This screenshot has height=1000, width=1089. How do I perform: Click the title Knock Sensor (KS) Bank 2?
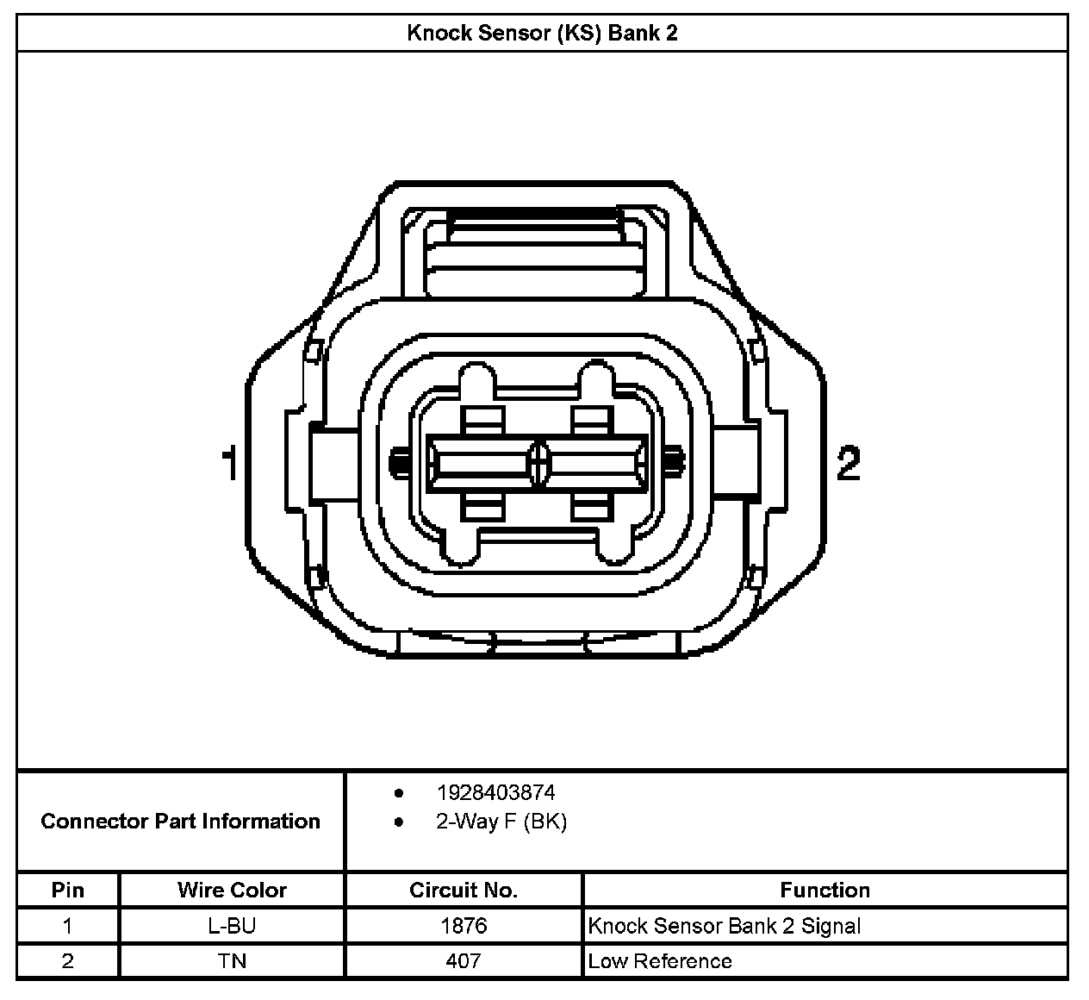click(542, 34)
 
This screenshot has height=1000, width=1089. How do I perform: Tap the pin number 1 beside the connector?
click(229, 464)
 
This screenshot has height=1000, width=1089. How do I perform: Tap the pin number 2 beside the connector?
click(849, 464)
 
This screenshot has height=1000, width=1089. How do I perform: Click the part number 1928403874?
click(495, 792)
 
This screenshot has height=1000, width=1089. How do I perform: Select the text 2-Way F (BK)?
click(501, 822)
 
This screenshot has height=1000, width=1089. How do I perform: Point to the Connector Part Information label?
click(180, 821)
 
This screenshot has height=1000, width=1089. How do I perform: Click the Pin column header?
click(68, 890)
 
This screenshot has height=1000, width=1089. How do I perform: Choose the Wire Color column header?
click(232, 890)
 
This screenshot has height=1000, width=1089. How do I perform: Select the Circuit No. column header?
click(464, 890)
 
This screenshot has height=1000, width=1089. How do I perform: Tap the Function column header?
click(825, 890)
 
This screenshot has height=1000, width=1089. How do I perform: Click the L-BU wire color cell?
click(232, 926)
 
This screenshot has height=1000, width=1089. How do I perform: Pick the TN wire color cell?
click(232, 960)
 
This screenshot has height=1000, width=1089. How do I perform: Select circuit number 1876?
click(464, 926)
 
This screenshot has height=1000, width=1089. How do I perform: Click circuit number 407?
click(464, 960)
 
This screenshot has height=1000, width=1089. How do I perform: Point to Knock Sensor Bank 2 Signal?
click(724, 926)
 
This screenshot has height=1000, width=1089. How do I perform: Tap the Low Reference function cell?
click(660, 960)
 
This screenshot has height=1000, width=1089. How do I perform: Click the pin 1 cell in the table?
click(68, 926)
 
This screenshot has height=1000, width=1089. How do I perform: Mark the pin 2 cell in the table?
click(68, 960)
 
